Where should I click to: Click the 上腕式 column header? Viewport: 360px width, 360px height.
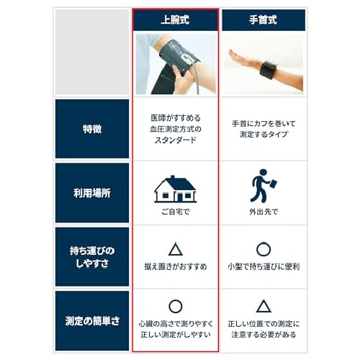tap(176, 20)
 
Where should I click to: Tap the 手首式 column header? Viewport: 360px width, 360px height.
tap(264, 20)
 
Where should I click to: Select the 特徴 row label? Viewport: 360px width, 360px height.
tap(92, 129)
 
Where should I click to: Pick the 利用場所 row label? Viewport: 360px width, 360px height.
tap(92, 193)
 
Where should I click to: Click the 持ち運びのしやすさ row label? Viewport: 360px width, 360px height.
tap(92, 257)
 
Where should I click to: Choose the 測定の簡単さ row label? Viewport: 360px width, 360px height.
tap(92, 321)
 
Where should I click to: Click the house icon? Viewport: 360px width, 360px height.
tap(175, 189)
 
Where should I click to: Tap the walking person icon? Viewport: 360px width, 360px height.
tap(264, 186)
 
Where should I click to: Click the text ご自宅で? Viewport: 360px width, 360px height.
tap(176, 212)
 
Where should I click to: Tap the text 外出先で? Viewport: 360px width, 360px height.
tap(264, 212)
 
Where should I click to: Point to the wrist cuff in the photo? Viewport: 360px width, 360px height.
tap(269, 70)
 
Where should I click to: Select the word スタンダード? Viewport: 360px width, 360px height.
tap(176, 140)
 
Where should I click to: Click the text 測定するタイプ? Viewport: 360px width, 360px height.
tap(264, 135)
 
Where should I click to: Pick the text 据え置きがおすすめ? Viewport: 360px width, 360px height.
tap(176, 266)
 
